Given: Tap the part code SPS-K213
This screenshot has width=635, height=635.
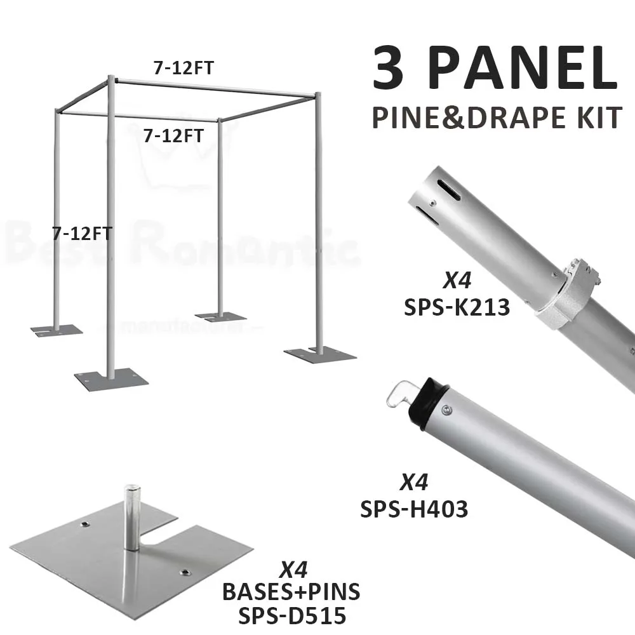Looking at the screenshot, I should pyautogui.click(x=457, y=307).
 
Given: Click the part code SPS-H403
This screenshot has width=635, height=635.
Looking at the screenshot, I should pyautogui.click(x=414, y=509).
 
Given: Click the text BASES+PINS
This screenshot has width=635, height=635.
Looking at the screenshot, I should pyautogui.click(x=291, y=591).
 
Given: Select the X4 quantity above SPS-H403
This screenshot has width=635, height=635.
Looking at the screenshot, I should pyautogui.click(x=414, y=483).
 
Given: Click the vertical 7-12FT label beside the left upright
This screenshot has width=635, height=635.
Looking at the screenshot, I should pyautogui.click(x=83, y=233).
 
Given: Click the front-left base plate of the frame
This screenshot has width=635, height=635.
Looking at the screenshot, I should pyautogui.click(x=110, y=379).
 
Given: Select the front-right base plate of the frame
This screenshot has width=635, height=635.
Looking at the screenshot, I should pyautogui.click(x=317, y=354).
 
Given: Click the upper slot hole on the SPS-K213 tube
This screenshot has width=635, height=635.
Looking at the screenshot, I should pyautogui.click(x=449, y=189).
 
